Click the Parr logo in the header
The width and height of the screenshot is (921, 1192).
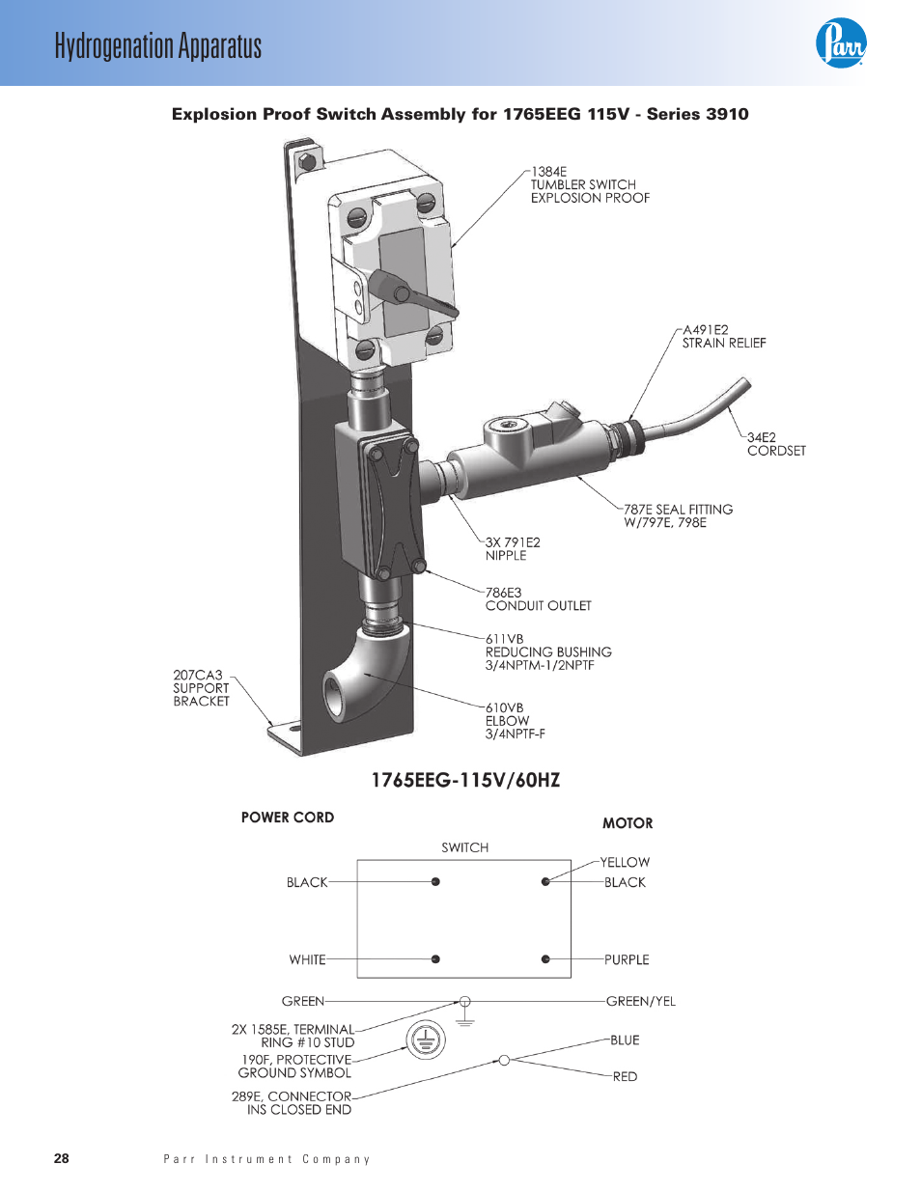(x=841, y=43)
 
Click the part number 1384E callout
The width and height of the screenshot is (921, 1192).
(x=548, y=172)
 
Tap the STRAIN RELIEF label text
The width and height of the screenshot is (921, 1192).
(x=723, y=343)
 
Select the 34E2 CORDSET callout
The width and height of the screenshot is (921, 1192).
(x=775, y=444)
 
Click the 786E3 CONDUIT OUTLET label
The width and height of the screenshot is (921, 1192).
(x=538, y=599)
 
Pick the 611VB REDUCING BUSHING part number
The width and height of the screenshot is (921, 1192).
(x=505, y=639)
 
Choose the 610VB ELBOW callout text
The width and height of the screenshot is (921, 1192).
(x=514, y=720)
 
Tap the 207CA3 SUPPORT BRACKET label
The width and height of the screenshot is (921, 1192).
(x=201, y=688)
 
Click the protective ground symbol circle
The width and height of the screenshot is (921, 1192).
(x=426, y=1040)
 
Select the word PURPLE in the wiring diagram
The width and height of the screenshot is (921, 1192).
(x=627, y=959)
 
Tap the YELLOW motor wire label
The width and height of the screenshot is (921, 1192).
(x=625, y=862)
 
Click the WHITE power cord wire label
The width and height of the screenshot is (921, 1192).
(x=307, y=959)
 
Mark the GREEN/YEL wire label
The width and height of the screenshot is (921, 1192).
(x=640, y=1001)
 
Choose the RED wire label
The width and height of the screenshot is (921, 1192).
(x=625, y=1076)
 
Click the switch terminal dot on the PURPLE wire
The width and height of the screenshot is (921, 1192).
(x=545, y=959)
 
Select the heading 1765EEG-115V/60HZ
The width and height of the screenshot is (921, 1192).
(x=465, y=780)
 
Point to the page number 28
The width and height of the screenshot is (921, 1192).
(x=62, y=1158)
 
